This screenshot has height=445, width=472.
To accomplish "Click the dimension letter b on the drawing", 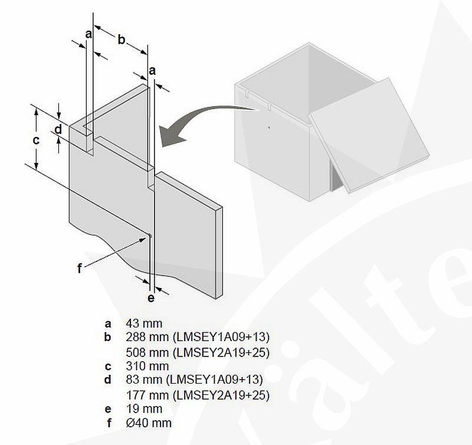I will (x=121, y=40).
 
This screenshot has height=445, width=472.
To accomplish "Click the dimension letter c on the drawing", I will (x=36, y=140).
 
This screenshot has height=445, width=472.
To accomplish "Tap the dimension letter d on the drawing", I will (x=58, y=129).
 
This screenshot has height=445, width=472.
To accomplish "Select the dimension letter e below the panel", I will (x=151, y=298).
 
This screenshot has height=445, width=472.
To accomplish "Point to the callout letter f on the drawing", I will (x=80, y=269).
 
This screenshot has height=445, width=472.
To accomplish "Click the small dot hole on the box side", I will (x=268, y=126).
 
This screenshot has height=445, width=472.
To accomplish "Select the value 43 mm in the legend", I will (x=144, y=323).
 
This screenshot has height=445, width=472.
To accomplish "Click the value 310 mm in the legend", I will (x=147, y=366).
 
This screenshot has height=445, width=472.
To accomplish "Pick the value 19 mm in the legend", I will (x=144, y=408).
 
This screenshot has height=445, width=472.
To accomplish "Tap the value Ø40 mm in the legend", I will (x=149, y=423).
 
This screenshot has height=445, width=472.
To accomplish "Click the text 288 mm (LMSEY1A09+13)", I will (x=198, y=338).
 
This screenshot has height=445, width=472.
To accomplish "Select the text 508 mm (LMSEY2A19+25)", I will (x=198, y=352).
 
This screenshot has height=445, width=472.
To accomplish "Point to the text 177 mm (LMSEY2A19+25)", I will (x=198, y=394).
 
